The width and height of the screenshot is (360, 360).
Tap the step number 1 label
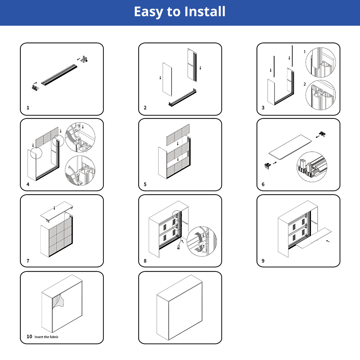pyautogui.click(x=28, y=108)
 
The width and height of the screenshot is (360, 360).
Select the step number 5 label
pyautogui.click(x=145, y=184)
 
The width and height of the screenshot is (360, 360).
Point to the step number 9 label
pyautogui.click(x=263, y=261)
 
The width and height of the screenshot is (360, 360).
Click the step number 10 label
pyautogui.click(x=29, y=337)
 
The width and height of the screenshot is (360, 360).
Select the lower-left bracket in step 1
pyautogui.click(x=35, y=87)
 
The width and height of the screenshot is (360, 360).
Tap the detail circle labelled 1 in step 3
pyautogui.click(x=320, y=62)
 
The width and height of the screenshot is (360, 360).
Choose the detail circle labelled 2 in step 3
pyautogui.click(x=320, y=95)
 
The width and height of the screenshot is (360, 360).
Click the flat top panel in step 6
pyautogui.click(x=290, y=147)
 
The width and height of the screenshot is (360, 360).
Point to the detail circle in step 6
pyautogui.click(x=312, y=167)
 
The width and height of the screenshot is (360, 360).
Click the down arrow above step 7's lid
pyautogui.click(x=54, y=208)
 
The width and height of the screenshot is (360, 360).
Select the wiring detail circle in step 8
pyautogui.click(x=202, y=241)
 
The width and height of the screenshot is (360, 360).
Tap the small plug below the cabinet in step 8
pyautogui.click(x=178, y=247)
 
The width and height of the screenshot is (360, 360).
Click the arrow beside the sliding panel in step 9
pyautogui.click(x=328, y=241)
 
